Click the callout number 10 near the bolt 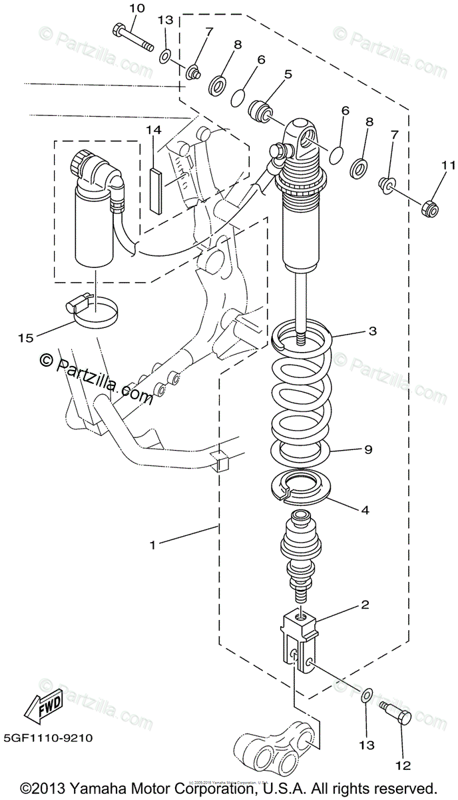point(136,8)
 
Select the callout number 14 point(154,131)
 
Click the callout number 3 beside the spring point(372,331)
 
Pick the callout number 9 point(367,450)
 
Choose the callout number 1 point(152,545)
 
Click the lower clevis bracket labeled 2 point(300,639)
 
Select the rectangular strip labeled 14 point(157,190)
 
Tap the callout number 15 point(25,339)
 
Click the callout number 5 point(288,75)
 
